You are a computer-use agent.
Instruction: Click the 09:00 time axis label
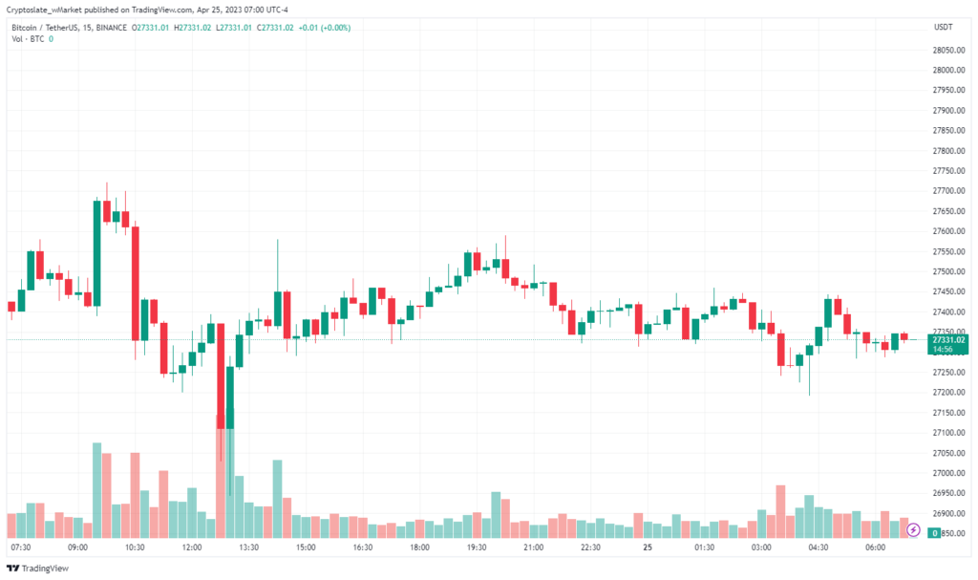[77, 548]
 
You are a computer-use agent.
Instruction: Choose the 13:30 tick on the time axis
[248, 548]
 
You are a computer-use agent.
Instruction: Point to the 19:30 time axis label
[476, 548]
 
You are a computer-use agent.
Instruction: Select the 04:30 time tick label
[818, 548]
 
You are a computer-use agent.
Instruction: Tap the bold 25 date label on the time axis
[648, 548]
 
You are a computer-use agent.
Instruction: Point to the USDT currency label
[943, 28]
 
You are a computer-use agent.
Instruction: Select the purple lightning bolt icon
[913, 528]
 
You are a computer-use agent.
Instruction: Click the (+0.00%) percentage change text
[332, 28]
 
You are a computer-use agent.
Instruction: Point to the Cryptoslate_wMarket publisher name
[49, 10]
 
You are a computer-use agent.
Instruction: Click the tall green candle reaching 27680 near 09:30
[96, 253]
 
